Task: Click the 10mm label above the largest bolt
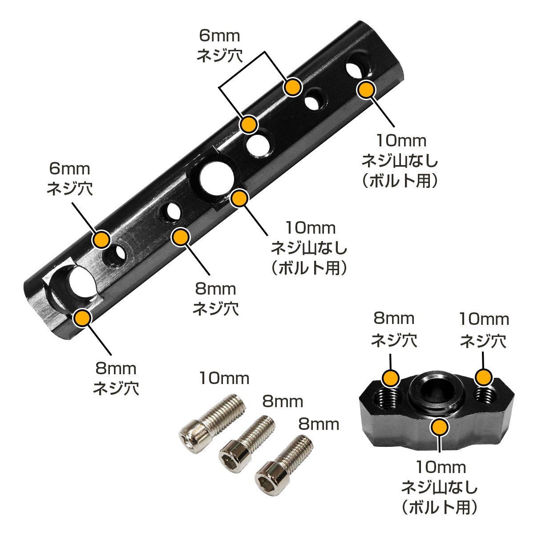[224, 378]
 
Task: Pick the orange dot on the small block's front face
[440, 434]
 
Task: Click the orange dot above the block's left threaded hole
[391, 378]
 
